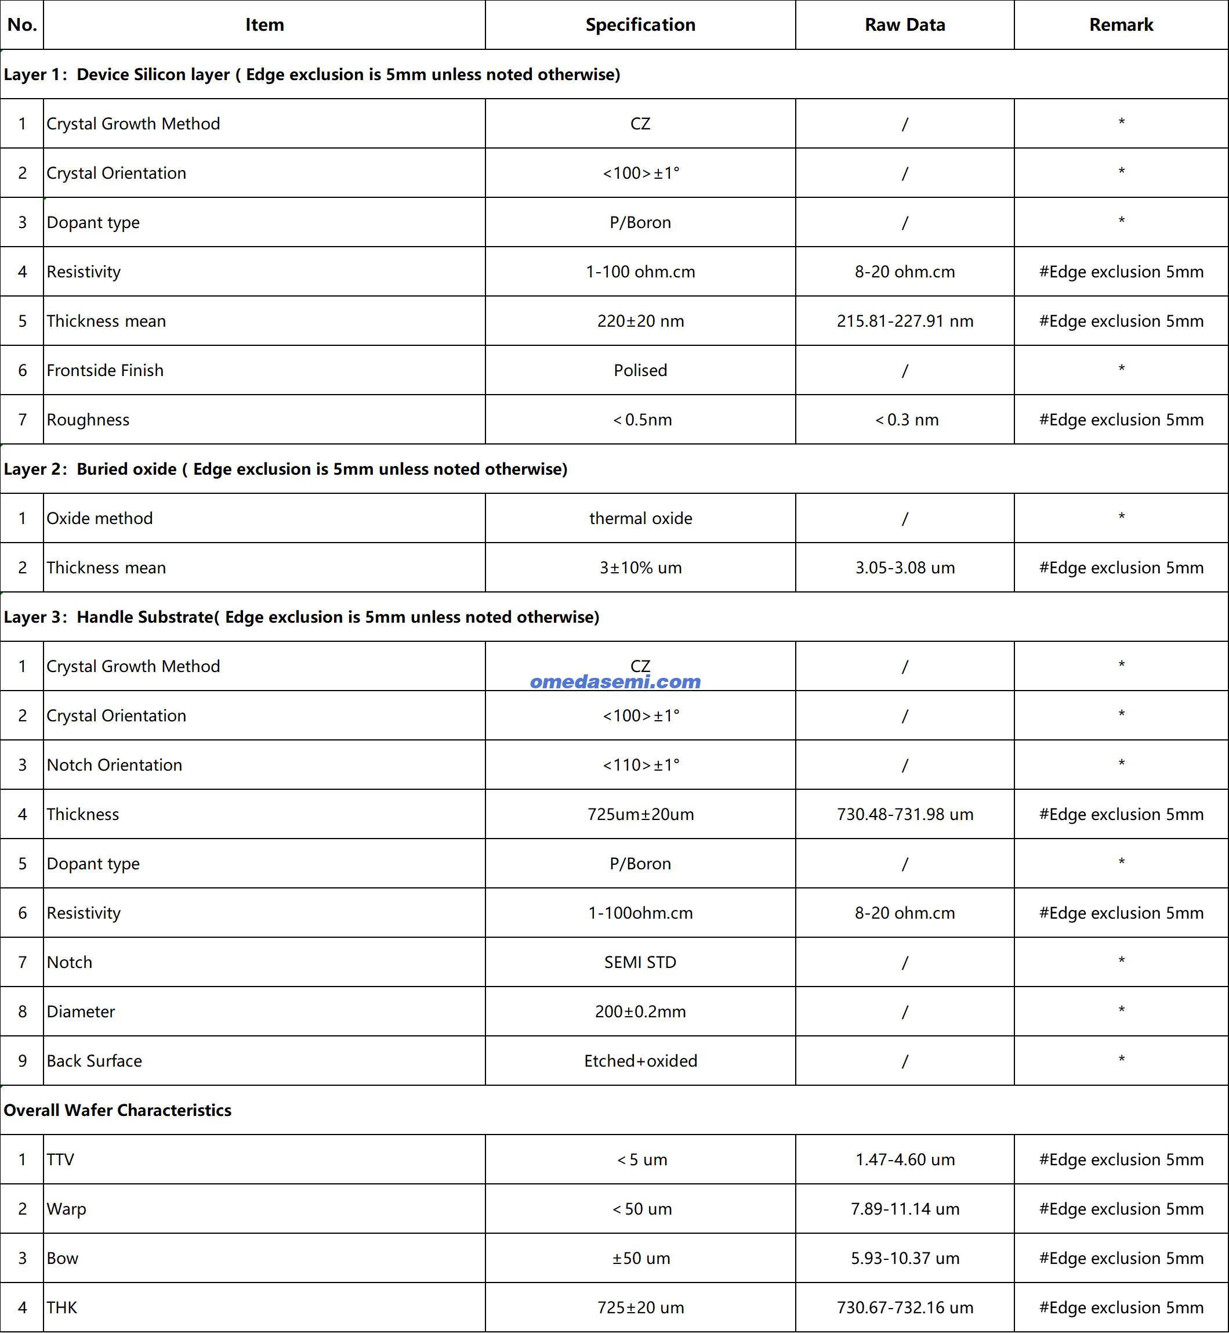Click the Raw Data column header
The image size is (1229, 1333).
click(x=904, y=24)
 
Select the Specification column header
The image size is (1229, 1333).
click(x=640, y=24)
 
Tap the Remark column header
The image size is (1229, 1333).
click(x=1121, y=24)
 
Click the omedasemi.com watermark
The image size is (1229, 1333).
click(x=615, y=681)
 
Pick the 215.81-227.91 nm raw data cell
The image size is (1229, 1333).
click(x=904, y=321)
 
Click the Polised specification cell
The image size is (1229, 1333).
click(x=640, y=370)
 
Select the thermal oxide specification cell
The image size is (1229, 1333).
click(x=640, y=518)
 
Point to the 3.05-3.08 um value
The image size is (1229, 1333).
click(x=904, y=568)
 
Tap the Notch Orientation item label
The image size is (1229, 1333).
click(x=114, y=765)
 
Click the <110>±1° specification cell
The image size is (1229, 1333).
click(x=640, y=765)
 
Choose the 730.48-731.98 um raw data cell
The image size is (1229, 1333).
click(x=904, y=814)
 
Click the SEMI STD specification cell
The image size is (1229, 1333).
click(x=640, y=962)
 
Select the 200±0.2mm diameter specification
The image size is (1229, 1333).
click(x=640, y=1012)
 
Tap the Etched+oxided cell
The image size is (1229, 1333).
click(x=640, y=1061)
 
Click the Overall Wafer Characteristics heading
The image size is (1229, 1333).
click(x=118, y=1110)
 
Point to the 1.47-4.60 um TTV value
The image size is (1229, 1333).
click(x=904, y=1159)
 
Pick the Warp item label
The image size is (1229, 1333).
click(x=67, y=1209)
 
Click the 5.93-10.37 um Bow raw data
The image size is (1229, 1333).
click(x=904, y=1258)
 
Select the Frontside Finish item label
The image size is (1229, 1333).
click(x=105, y=370)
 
